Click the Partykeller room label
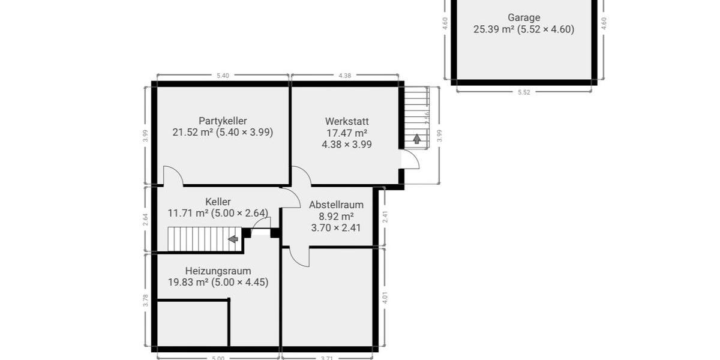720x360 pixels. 223,121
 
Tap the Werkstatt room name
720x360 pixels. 347,121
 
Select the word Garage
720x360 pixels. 523,17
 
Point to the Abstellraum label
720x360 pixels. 336,205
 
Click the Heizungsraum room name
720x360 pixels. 218,271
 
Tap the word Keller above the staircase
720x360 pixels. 218,202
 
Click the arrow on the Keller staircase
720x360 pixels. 233,239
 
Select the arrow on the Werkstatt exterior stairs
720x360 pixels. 416,139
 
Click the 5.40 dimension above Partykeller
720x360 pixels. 223,76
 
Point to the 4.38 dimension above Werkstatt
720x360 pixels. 344,76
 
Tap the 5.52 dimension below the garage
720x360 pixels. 524,92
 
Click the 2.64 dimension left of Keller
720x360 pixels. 145,219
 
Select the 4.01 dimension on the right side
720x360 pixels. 385,298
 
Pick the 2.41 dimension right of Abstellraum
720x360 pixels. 385,217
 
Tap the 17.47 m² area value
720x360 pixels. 347,133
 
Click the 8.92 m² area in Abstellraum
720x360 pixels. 336,216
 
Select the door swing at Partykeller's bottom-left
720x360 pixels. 172,175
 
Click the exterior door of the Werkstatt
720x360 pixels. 410,160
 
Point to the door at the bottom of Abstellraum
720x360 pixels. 299,256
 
